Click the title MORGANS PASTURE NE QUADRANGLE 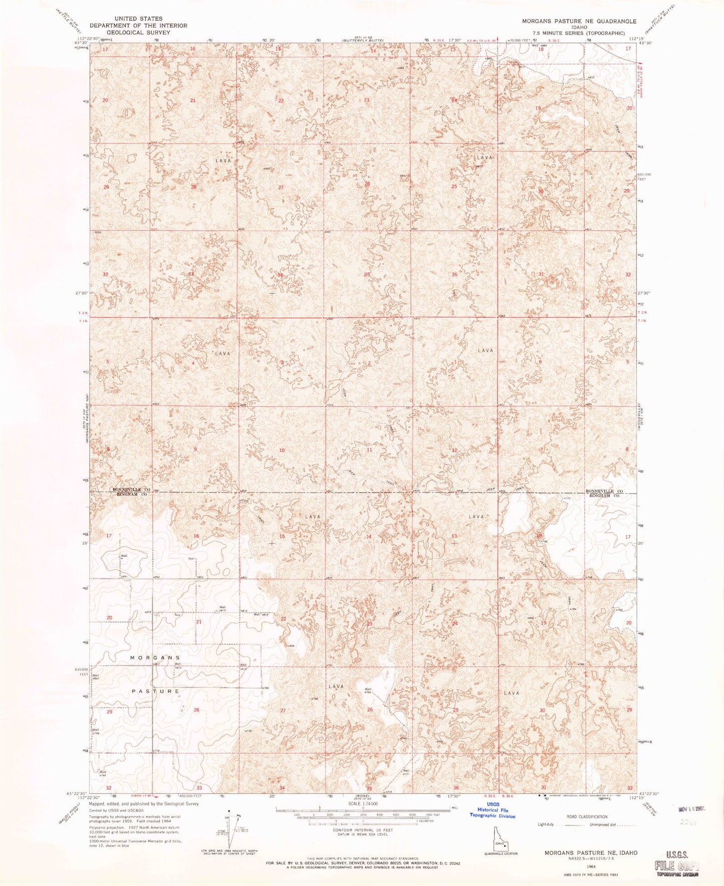(579, 21)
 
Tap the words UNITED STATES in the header (138, 19)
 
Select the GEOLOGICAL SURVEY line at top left (138, 32)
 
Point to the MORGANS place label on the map (155, 657)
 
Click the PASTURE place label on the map (156, 691)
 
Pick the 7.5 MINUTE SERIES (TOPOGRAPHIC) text (579, 33)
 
